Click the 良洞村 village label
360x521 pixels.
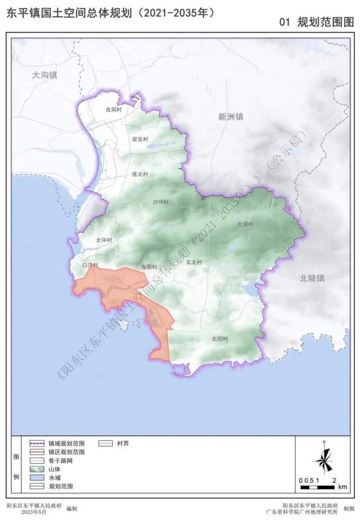point(114,110)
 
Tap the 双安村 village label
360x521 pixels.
point(139,139)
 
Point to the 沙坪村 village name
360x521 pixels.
point(160,202)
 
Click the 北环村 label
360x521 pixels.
point(104,240)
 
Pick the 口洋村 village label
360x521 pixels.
point(90,264)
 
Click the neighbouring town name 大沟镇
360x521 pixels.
point(45,75)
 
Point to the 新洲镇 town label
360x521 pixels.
point(231,116)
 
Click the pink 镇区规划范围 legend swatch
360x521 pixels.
point(37,451)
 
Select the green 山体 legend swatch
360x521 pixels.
point(37,468)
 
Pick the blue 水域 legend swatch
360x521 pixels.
point(37,477)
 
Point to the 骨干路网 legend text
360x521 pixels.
point(61,460)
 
